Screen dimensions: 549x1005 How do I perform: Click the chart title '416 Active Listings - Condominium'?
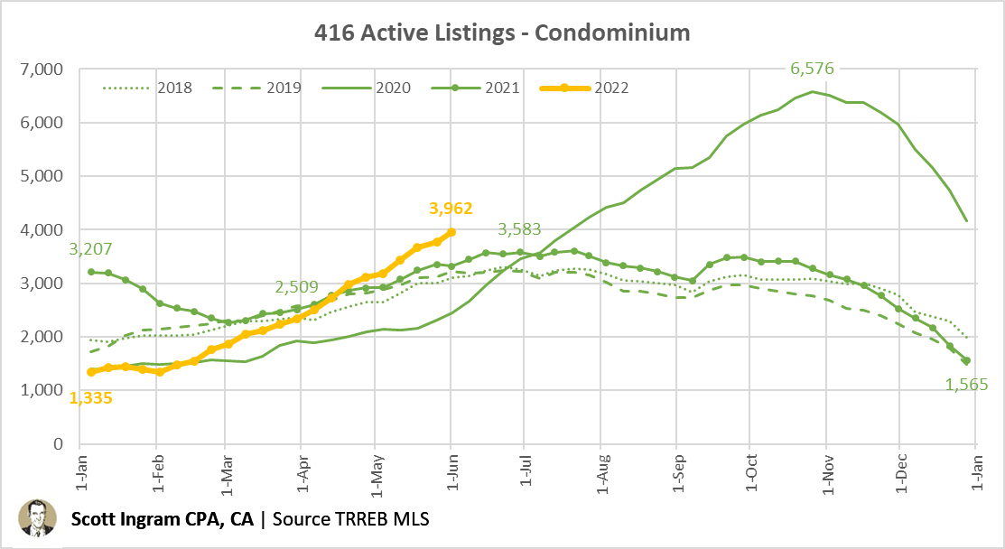502,33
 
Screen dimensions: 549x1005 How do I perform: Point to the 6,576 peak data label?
812,69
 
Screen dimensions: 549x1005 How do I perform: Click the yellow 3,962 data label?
451,209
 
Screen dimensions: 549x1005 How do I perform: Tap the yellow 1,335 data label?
92,397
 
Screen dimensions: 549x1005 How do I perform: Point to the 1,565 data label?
966,385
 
